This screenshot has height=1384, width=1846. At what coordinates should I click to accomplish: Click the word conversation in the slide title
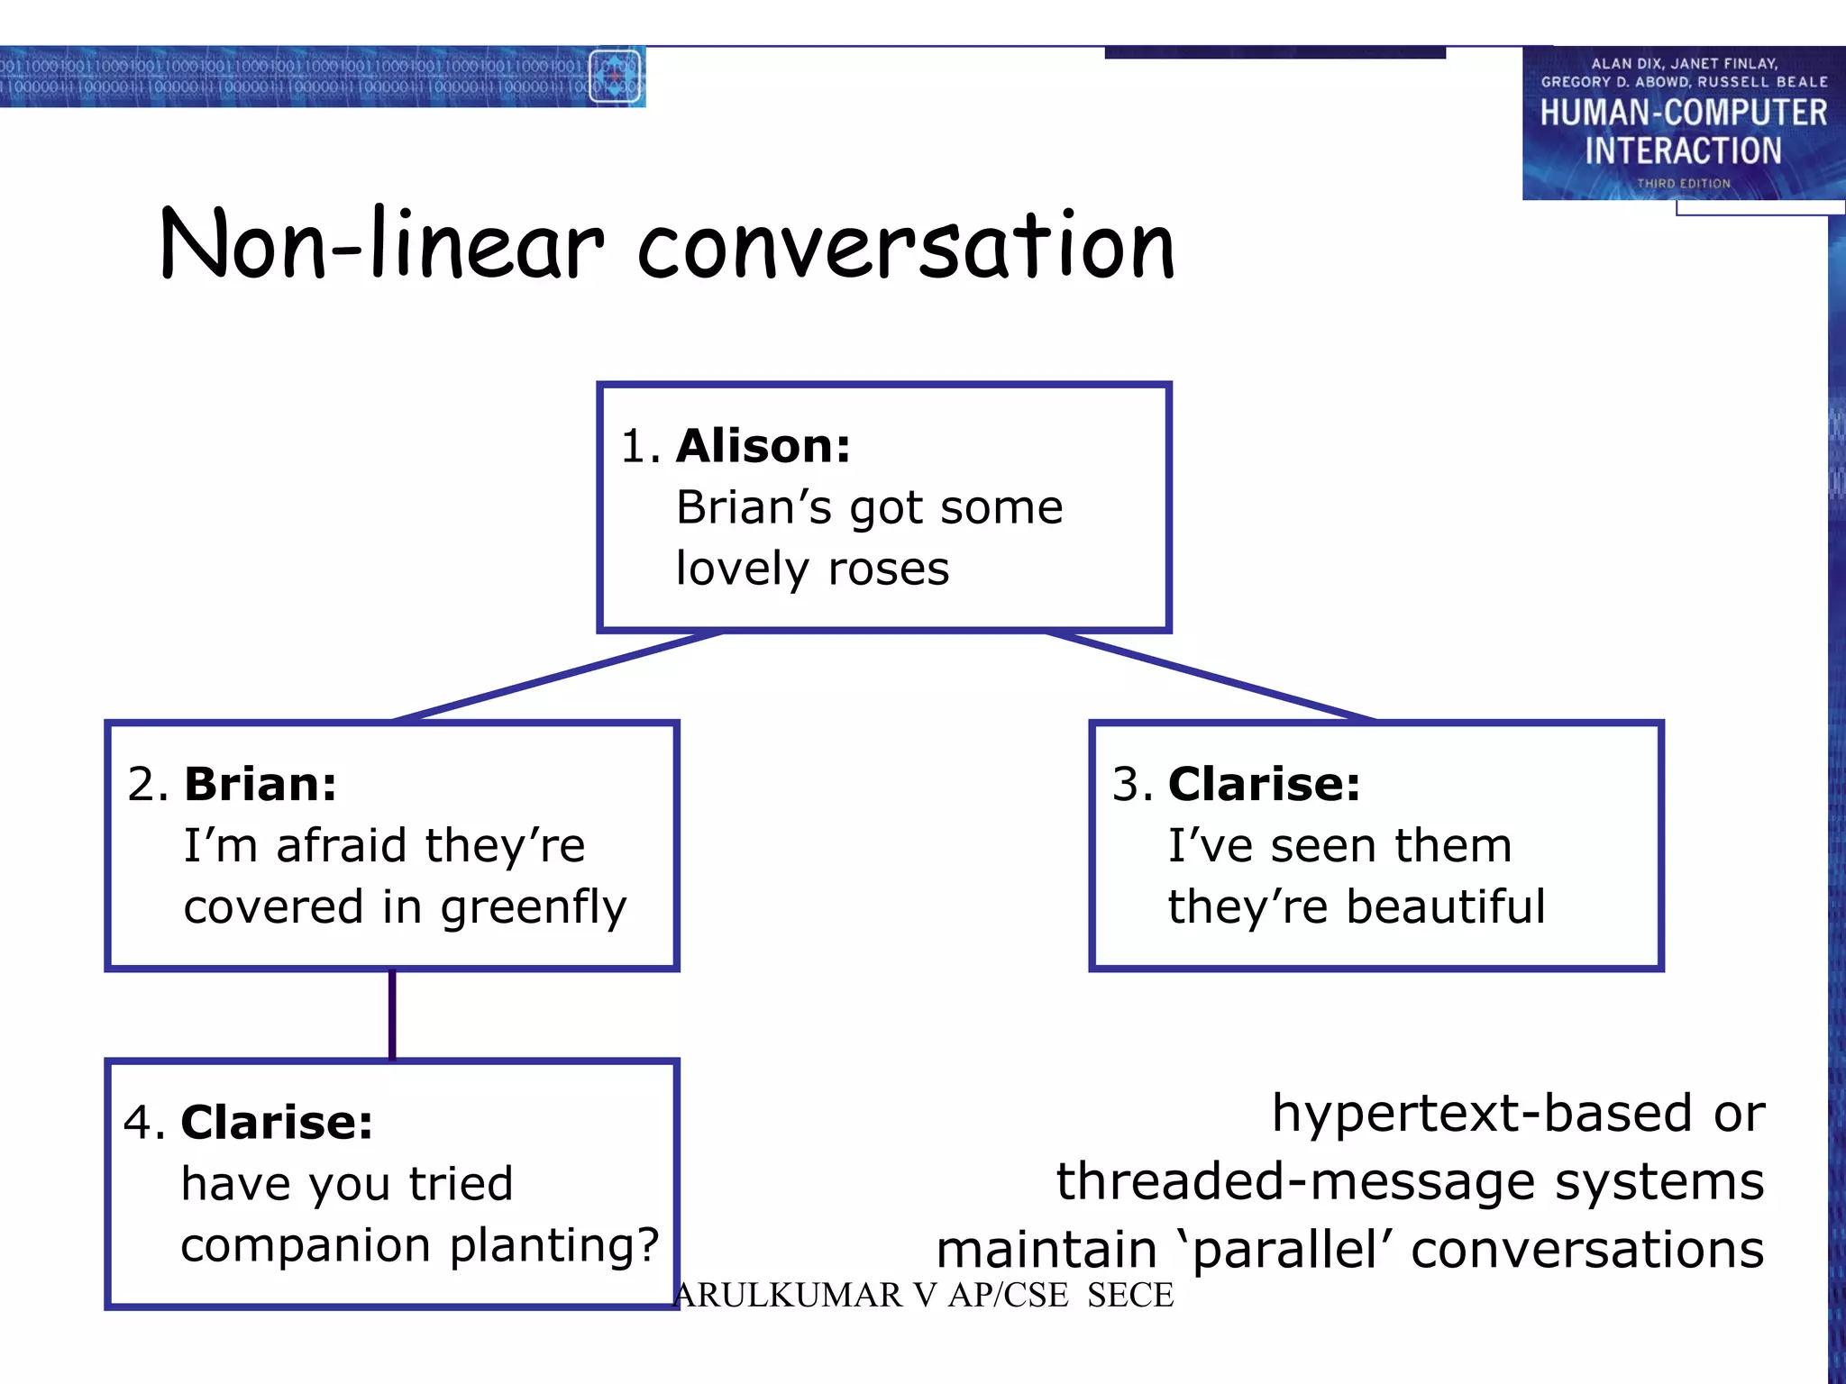click(906, 245)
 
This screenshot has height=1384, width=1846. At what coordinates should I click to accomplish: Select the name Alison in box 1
click(763, 446)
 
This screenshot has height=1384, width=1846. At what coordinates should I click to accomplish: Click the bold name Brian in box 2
click(260, 784)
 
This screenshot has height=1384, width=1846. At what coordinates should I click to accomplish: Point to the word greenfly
click(533, 907)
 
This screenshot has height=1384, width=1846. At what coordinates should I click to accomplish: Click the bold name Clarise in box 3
click(1264, 784)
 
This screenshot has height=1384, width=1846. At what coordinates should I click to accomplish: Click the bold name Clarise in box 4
click(277, 1123)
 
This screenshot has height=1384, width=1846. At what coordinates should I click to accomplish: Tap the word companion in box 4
click(306, 1246)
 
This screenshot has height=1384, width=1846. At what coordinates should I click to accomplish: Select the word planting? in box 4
click(554, 1246)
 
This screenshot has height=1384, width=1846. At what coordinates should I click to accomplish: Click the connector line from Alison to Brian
click(559, 677)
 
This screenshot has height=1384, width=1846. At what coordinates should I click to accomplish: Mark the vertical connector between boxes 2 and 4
click(392, 1015)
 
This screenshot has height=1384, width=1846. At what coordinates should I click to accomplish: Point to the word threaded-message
click(1295, 1181)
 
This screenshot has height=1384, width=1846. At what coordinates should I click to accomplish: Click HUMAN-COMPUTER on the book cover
click(1683, 113)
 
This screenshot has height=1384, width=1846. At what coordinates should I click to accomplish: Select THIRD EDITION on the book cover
click(1683, 183)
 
